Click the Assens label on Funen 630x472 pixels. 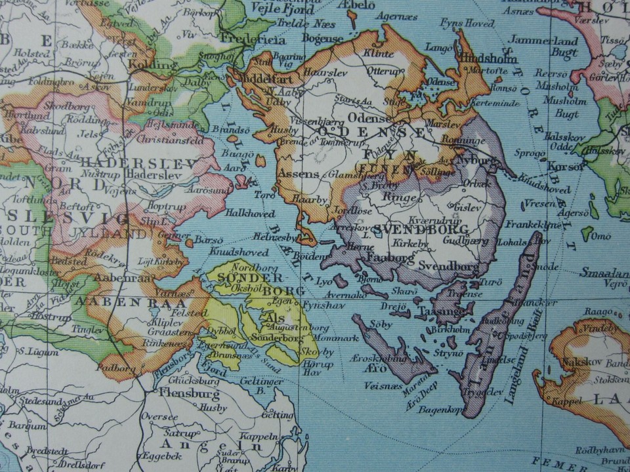pyautogui.click(x=298, y=175)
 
